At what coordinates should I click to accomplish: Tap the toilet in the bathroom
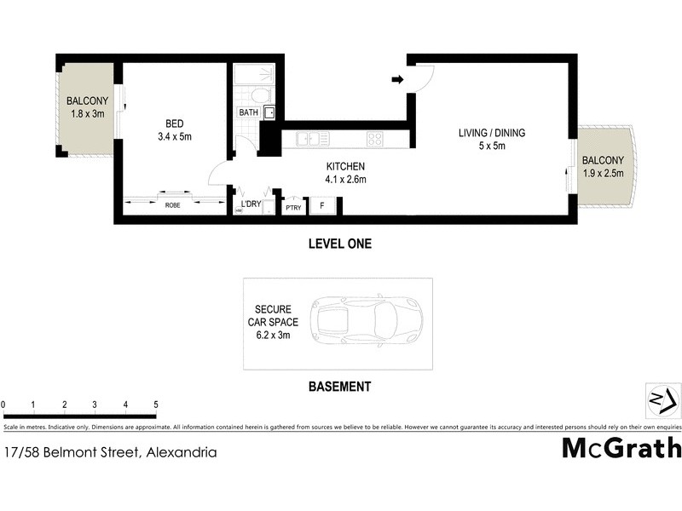click(x=262, y=95)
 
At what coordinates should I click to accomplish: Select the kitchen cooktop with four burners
click(x=375, y=138)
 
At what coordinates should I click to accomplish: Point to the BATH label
click(x=248, y=112)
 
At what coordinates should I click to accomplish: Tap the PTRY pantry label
click(x=293, y=207)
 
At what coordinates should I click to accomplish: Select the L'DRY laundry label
click(x=251, y=204)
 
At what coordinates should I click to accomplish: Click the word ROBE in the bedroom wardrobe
click(x=173, y=205)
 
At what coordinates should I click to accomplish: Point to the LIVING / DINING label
click(x=492, y=133)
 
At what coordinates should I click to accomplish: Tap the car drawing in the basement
click(x=364, y=322)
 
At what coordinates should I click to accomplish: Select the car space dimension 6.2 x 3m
click(x=273, y=336)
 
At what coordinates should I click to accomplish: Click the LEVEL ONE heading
click(x=339, y=244)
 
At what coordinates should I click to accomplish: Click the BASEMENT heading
click(x=338, y=387)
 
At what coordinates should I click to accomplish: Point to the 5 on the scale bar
click(x=156, y=405)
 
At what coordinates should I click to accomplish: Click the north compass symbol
click(x=662, y=399)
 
